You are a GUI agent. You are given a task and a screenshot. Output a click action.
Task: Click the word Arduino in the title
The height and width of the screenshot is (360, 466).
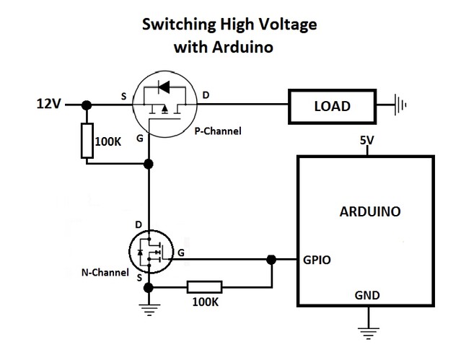[x=242, y=48]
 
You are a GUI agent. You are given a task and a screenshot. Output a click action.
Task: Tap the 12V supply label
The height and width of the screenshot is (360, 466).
[x=48, y=105]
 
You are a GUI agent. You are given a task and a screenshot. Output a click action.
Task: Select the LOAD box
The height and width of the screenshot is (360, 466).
[x=332, y=107]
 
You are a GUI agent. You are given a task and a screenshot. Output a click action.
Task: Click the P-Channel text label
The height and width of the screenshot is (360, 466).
[x=218, y=131]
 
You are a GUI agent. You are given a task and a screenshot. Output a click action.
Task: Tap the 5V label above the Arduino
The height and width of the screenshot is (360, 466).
[x=368, y=142]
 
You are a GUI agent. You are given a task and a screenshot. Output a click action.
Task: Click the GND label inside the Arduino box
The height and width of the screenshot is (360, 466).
[x=367, y=296]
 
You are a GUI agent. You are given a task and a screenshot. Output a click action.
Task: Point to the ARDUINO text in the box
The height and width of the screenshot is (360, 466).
[x=370, y=212]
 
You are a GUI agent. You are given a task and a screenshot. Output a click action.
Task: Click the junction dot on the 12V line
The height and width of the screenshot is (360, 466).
[x=87, y=105]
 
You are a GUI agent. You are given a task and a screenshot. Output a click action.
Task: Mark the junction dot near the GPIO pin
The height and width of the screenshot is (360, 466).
[x=271, y=260]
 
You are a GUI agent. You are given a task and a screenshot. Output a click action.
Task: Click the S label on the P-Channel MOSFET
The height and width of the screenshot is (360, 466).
[x=123, y=96]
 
